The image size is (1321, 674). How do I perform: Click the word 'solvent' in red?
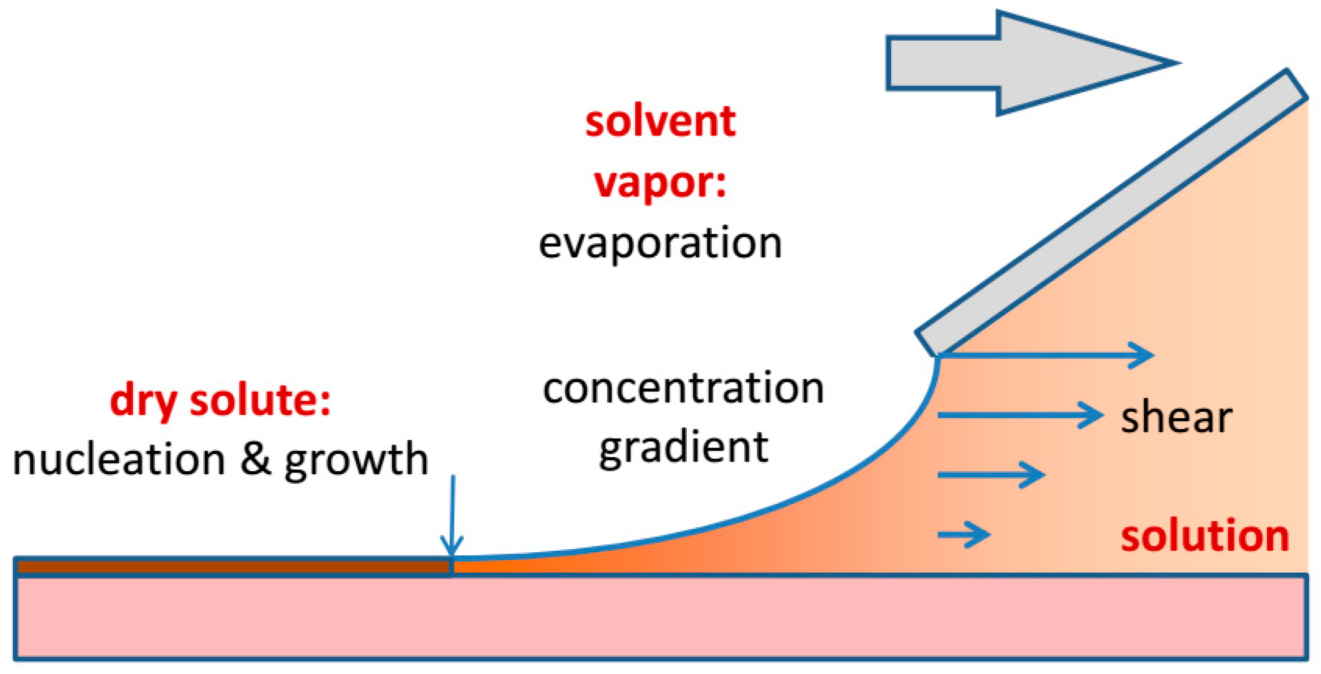[660, 122]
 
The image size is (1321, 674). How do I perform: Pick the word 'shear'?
[1176, 418]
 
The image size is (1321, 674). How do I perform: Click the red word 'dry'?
[144, 401]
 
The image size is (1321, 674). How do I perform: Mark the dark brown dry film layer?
[233, 567]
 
